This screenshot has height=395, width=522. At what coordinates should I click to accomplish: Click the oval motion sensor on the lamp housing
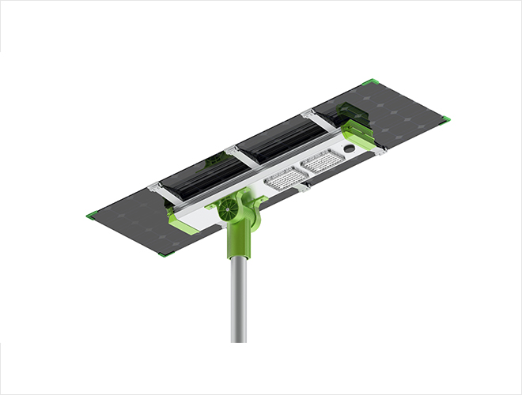[349, 148]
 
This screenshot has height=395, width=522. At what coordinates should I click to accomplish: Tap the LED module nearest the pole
[286, 178]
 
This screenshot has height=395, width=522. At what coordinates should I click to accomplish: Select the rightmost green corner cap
[445, 119]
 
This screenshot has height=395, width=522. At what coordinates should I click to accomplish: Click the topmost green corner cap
[369, 81]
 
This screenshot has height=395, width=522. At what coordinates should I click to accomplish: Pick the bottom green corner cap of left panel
[164, 253]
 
